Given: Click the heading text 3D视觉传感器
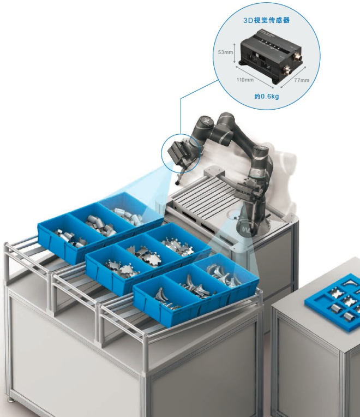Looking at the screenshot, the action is (267, 20).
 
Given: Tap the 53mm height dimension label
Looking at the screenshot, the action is (225, 52).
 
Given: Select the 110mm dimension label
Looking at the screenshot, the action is (245, 80).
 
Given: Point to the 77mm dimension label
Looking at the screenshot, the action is (302, 80).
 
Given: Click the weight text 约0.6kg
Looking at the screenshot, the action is (267, 96).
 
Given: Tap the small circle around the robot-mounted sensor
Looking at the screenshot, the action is (181, 153).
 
